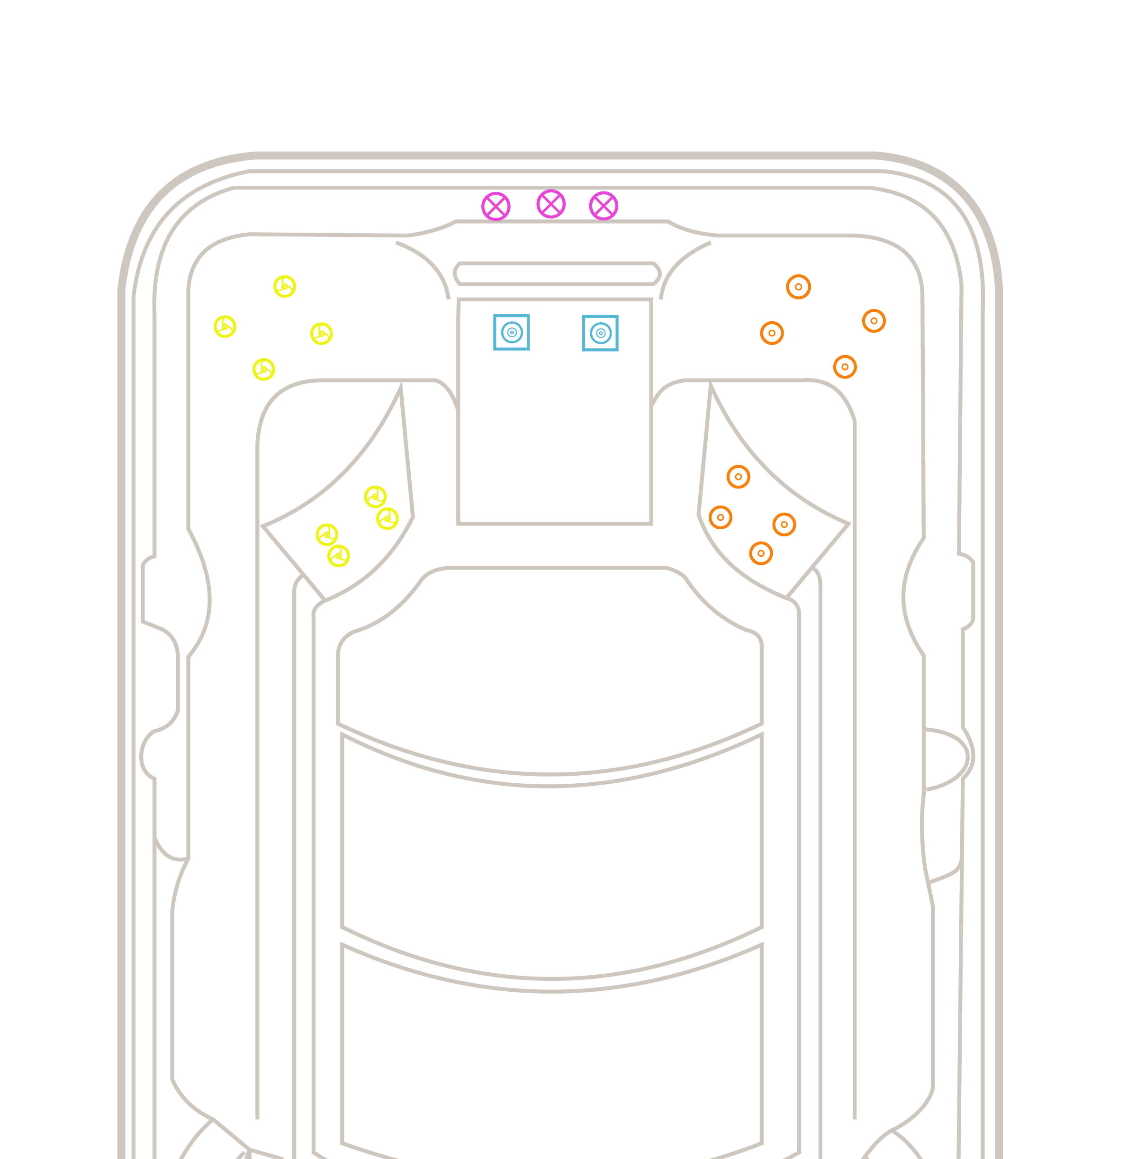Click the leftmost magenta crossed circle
(496, 207)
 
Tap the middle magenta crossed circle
(550, 204)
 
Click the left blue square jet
(511, 333)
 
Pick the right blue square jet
(600, 333)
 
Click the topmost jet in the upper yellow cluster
(285, 287)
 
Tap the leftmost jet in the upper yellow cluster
(225, 326)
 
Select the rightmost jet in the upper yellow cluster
(322, 333)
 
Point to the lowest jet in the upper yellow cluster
(264, 370)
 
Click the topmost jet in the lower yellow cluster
(375, 497)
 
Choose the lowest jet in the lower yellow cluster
(338, 556)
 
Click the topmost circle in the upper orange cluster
(798, 287)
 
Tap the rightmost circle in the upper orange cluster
(874, 321)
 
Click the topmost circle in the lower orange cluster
(738, 477)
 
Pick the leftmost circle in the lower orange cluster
(720, 517)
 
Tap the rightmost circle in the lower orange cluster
(784, 525)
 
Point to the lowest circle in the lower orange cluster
(761, 553)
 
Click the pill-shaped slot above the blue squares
(556, 273)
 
